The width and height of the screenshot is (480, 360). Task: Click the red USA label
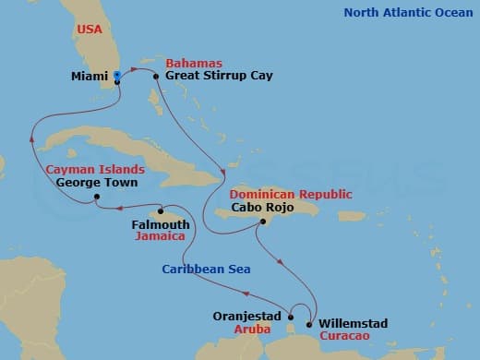(90, 30)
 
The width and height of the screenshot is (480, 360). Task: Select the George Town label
(97, 183)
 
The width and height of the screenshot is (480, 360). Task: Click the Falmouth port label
(161, 224)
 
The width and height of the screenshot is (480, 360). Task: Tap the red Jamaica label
(161, 236)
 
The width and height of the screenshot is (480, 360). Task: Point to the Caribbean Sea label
(204, 269)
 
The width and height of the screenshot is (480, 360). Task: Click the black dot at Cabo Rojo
(264, 222)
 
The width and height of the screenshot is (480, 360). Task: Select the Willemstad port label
(353, 324)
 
